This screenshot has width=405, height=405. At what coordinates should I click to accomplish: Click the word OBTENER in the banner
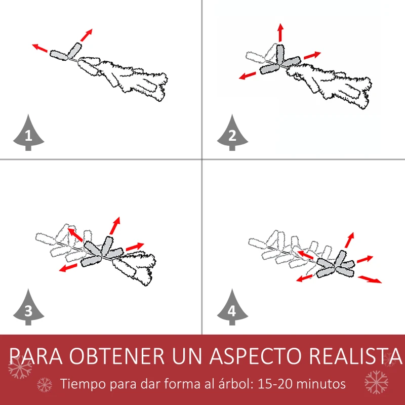pyautogui.click(x=116, y=356)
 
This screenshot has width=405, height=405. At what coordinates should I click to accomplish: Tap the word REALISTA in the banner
pyautogui.click(x=356, y=356)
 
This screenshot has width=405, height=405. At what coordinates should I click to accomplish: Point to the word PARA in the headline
pyautogui.click(x=35, y=356)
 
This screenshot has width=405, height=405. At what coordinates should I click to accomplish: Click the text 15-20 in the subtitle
pyautogui.click(x=275, y=384)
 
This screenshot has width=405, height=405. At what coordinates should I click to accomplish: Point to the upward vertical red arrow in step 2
pyautogui.click(x=281, y=32)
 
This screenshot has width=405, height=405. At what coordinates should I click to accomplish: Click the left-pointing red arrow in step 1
pyautogui.click(x=40, y=48)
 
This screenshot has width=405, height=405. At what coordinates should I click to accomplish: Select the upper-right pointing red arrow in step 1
pyautogui.click(x=86, y=35)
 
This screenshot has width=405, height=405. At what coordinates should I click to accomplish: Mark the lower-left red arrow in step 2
pyautogui.click(x=247, y=75)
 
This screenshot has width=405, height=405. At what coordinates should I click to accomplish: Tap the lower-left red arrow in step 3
pyautogui.click(x=68, y=268)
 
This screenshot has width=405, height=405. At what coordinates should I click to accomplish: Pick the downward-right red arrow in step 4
pyautogui.click(x=370, y=279)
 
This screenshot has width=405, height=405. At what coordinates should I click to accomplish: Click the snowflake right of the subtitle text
pyautogui.click(x=376, y=382)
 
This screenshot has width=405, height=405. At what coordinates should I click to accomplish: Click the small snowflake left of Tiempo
pyautogui.click(x=45, y=385)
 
